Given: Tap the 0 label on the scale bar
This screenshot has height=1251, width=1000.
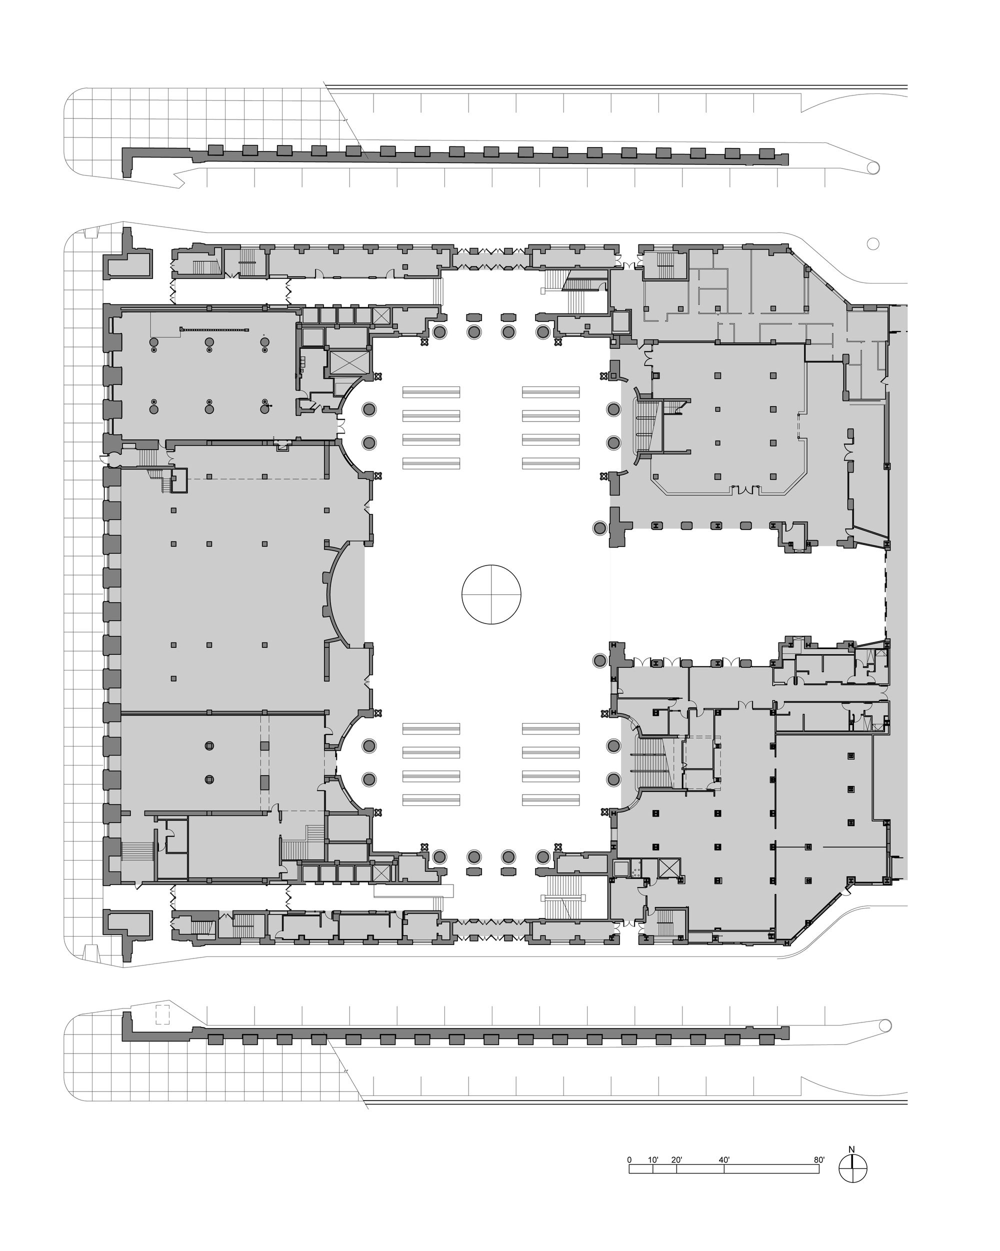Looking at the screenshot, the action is [629, 1160].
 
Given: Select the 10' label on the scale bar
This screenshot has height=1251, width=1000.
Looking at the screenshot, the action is [653, 1160].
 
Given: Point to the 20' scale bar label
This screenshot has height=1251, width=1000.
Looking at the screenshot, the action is [676, 1160].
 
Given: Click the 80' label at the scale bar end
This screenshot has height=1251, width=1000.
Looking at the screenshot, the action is [819, 1160].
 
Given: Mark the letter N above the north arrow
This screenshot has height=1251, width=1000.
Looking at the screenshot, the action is [852, 1149].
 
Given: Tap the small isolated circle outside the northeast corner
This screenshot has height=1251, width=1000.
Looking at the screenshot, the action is [872, 243].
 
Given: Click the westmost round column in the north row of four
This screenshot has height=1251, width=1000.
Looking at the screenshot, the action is [440, 332].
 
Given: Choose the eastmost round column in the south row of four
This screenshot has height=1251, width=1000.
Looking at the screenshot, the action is [543, 856].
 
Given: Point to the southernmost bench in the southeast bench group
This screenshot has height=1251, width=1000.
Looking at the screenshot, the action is [551, 800].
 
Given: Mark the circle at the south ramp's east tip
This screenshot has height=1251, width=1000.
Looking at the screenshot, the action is [885, 1026].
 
